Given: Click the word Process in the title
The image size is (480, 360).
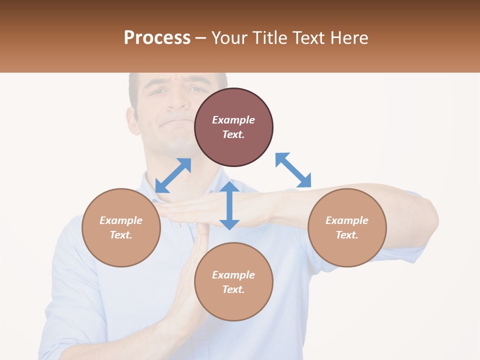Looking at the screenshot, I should [x=157, y=38].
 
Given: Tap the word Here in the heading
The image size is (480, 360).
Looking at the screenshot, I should [x=349, y=38].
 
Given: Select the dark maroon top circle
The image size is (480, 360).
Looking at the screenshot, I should [x=233, y=127].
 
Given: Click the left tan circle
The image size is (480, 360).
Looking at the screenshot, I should [x=121, y=227].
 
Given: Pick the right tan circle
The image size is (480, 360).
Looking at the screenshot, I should [x=347, y=227].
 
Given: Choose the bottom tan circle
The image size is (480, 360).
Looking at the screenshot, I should [x=233, y=281].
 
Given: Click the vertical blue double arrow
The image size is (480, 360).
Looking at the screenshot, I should [x=229, y=205].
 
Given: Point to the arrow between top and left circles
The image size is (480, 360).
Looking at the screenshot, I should [x=173, y=175].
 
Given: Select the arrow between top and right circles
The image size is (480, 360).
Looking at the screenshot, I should [x=293, y=170].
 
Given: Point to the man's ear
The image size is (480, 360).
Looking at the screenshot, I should [x=132, y=120].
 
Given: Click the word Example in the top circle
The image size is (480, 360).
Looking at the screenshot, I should [x=233, y=120].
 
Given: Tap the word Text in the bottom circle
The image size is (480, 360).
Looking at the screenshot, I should [x=233, y=289].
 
